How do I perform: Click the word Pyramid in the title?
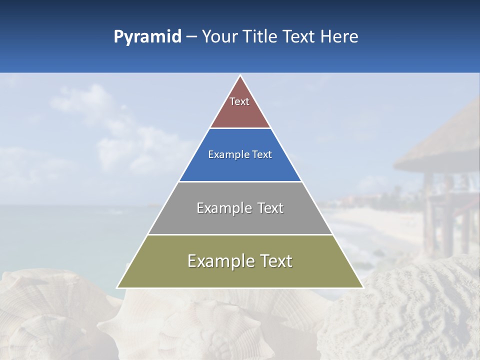tap(147, 37)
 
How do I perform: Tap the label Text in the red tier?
tap(239, 101)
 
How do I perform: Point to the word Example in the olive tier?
tap(219, 261)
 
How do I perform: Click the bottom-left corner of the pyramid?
tap(117, 287)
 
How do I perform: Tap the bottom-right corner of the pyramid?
tap(363, 287)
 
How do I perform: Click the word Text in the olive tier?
tap(273, 261)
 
